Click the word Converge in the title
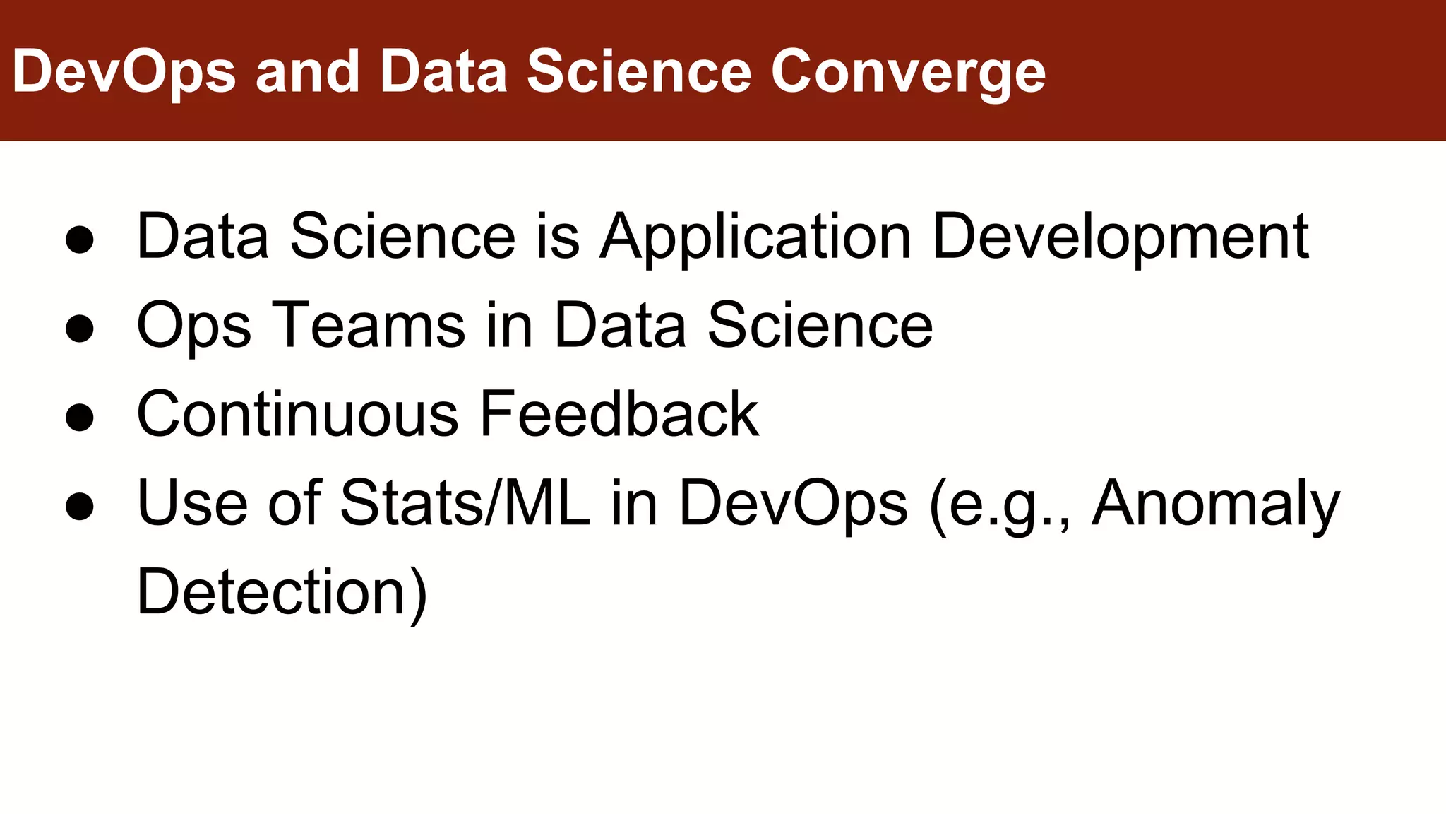[908, 72]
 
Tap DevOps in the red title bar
[124, 72]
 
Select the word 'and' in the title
[308, 72]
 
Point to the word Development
[1121, 237]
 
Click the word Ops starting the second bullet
[193, 326]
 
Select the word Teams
[368, 325]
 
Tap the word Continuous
[297, 414]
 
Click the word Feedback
[619, 414]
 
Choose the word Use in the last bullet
[191, 503]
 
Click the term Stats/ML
[465, 503]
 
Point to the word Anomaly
[1215, 505]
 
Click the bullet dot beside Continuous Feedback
[79, 417]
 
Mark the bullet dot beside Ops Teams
[79, 329]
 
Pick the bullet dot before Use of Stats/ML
[79, 506]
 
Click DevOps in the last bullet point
[793, 505]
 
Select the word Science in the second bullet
[820, 325]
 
